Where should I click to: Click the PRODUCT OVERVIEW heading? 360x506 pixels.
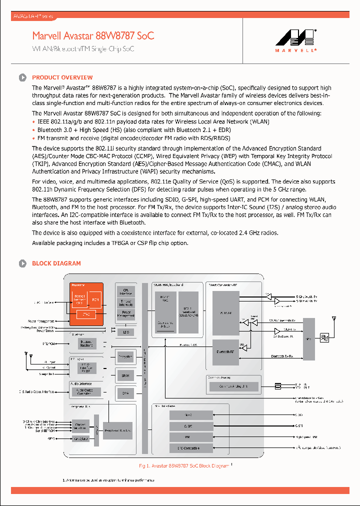coord(62,77)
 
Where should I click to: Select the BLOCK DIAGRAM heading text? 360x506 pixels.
coord(56,263)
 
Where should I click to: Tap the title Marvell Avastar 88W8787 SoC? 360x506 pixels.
coord(93,35)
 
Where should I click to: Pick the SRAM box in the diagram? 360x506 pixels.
coord(125,374)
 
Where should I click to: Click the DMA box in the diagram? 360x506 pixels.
coord(125,393)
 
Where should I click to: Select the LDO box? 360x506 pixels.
coord(125,331)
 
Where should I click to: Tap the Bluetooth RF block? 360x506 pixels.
coord(225,351)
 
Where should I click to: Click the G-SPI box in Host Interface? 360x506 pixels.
coord(188,426)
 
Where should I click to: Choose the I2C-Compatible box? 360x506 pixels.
coord(188,448)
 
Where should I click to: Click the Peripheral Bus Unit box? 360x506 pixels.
coord(118,429)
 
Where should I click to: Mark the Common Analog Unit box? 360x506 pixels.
coord(232,386)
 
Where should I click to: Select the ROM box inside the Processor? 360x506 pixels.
coord(95,300)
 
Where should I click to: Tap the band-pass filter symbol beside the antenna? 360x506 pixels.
coord(323,338)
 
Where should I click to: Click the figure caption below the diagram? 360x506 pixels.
coord(183,465)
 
